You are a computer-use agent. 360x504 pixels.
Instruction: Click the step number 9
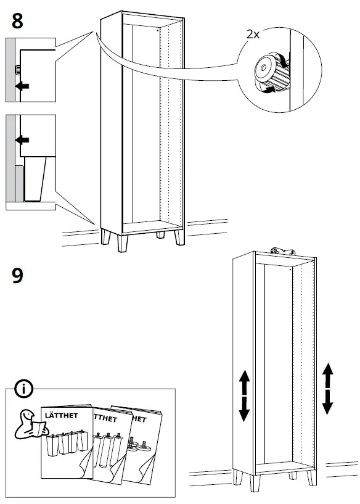(18, 275)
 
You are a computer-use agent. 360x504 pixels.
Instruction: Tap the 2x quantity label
(253, 35)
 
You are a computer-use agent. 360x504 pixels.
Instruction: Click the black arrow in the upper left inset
(22, 86)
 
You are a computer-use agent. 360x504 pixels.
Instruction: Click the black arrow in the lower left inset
(22, 141)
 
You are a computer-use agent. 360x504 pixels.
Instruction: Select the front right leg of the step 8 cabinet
(178, 237)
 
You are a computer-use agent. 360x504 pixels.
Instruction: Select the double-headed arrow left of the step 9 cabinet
(244, 395)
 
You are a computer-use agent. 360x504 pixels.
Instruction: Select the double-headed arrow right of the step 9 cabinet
(328, 388)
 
